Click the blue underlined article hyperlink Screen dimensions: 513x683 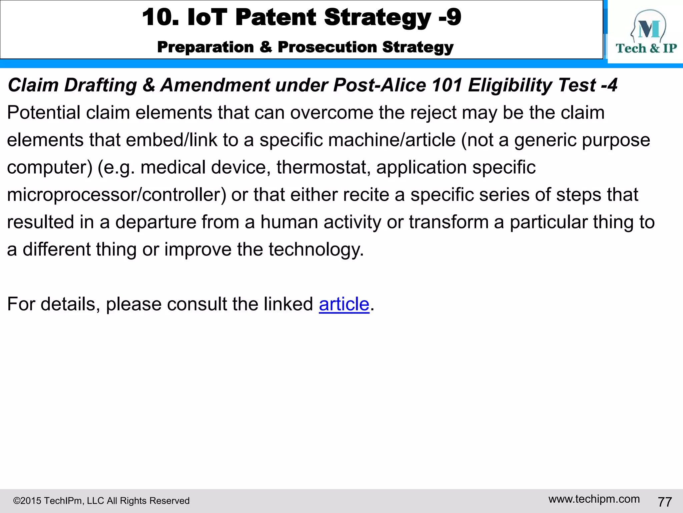pyautogui.click(x=344, y=304)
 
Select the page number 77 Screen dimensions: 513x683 pyautogui.click(x=665, y=502)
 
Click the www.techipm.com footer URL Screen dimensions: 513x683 pyautogui.click(x=594, y=499)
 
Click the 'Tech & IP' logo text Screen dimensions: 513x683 pyautogui.click(x=646, y=48)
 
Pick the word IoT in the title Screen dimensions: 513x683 pyautogui.click(x=207, y=17)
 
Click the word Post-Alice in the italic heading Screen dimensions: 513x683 pyautogui.click(x=379, y=85)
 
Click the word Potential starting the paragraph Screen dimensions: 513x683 pyautogui.click(x=44, y=113)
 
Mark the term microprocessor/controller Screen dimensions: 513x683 pyautogui.click(x=117, y=195)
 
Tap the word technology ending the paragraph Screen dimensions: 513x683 pyautogui.click(x=316, y=249)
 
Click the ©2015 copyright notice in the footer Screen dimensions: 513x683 pyautogui.click(x=101, y=501)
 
